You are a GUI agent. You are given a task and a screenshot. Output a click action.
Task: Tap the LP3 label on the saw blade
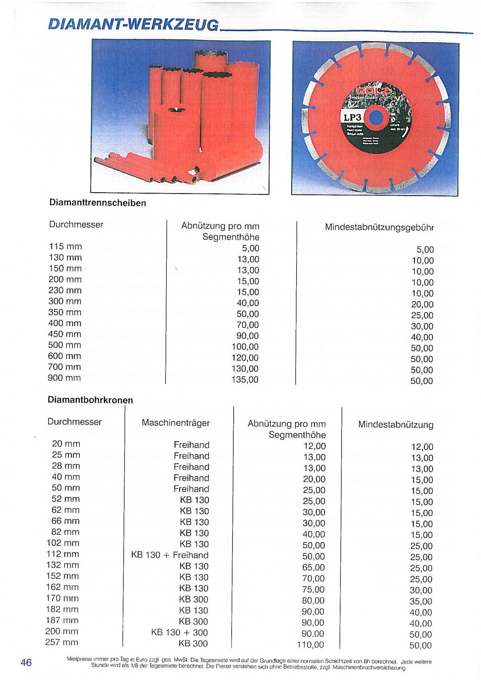(x=352, y=118)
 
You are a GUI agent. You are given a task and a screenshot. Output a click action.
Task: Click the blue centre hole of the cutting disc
(x=375, y=118)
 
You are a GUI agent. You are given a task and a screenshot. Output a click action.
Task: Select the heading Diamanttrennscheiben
(x=97, y=203)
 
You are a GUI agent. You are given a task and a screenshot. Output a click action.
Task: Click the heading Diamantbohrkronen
(x=90, y=400)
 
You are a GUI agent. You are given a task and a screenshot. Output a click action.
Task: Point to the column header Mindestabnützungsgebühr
(x=379, y=227)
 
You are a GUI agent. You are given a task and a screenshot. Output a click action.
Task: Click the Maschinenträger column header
(x=176, y=423)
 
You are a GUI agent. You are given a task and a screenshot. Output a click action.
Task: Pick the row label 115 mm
(x=65, y=246)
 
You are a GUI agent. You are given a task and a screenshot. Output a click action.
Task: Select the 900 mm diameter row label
(x=64, y=378)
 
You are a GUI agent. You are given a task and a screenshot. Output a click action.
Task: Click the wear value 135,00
(x=245, y=379)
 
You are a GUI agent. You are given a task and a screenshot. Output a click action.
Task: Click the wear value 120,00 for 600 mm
(x=245, y=358)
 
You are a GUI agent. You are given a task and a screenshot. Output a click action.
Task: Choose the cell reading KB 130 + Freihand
(x=170, y=555)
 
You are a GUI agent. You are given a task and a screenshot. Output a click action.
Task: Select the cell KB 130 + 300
(x=179, y=632)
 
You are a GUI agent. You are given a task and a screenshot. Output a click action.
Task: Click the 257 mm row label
(x=62, y=642)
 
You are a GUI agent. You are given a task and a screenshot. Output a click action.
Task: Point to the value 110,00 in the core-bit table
(x=310, y=645)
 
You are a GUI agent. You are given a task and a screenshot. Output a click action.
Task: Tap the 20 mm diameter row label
(x=66, y=444)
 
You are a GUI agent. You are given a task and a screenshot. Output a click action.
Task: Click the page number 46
(x=26, y=662)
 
